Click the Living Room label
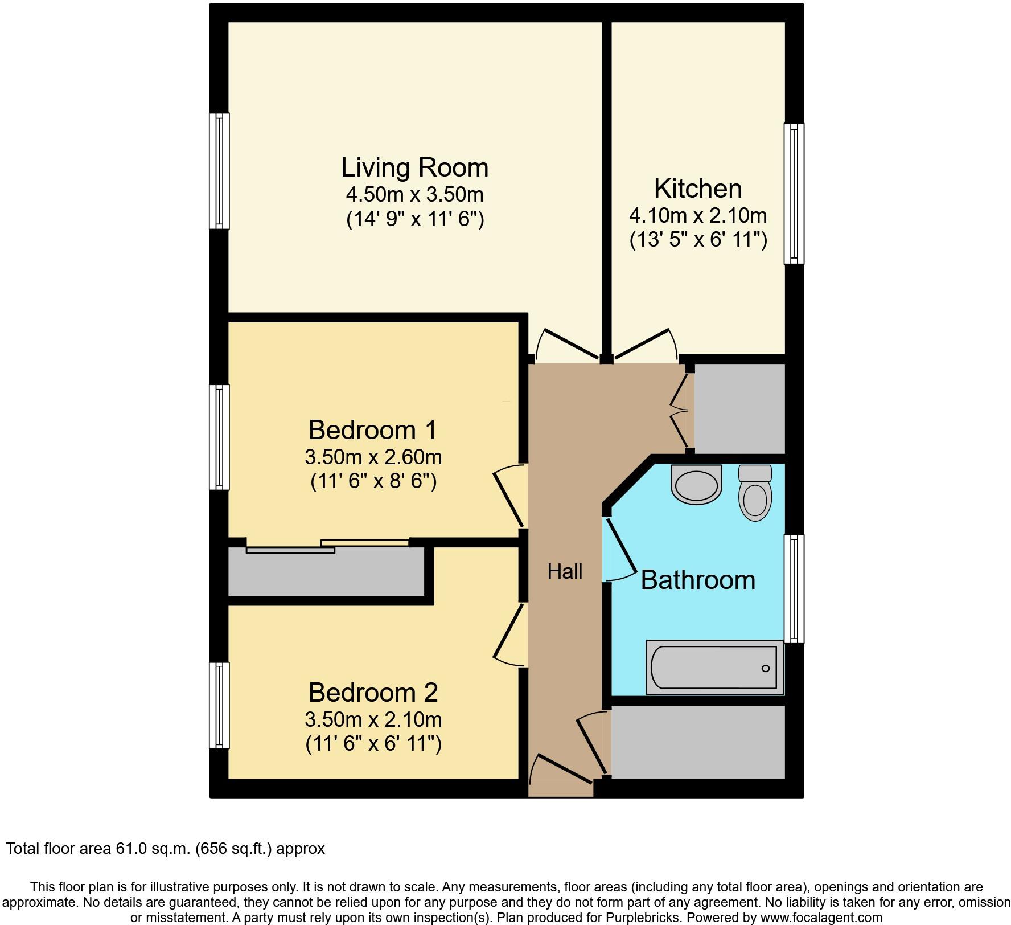coord(414,167)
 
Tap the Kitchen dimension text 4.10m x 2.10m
coord(697,216)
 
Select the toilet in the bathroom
coord(755,494)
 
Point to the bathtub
coord(714,668)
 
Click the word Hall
coord(565,571)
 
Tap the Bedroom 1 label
coord(372,430)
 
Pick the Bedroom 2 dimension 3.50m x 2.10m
coord(373,719)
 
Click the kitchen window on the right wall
coord(794,194)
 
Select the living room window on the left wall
coord(219,171)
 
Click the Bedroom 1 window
coord(219,437)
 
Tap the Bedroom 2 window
coord(219,705)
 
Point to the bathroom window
coord(794,588)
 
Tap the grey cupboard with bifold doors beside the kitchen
coord(739,408)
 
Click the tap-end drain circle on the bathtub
coord(766,668)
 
